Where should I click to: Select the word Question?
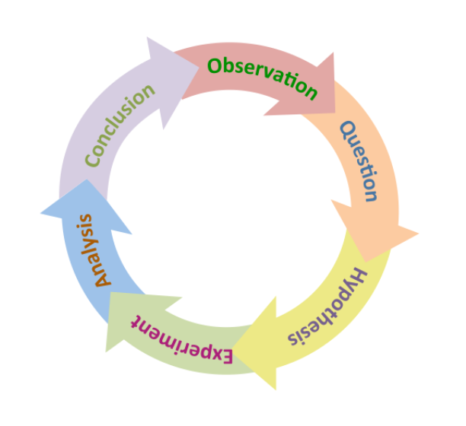(359, 162)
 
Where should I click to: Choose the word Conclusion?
(119, 126)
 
